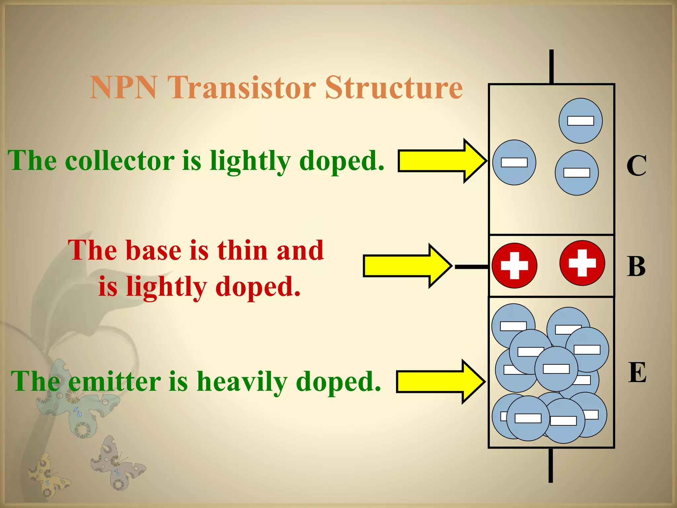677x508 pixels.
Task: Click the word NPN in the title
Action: click(123, 87)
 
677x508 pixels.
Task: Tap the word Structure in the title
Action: click(394, 87)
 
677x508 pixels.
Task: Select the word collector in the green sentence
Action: click(120, 161)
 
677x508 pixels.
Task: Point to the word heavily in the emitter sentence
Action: click(242, 382)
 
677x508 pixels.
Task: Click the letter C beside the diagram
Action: click(636, 166)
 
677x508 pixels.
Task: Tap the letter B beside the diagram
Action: click(636, 266)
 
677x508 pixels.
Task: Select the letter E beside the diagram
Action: click(637, 373)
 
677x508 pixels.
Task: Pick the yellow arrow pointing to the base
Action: click(407, 266)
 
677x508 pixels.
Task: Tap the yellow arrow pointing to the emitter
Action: click(440, 382)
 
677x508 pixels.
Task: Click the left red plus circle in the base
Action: click(514, 266)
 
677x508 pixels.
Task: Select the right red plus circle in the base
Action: click(582, 263)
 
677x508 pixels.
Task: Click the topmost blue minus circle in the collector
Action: click(580, 121)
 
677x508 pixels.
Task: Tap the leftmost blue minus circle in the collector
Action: click(514, 162)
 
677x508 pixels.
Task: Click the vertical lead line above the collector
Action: click(551, 66)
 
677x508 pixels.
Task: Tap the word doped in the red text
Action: click(258, 286)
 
